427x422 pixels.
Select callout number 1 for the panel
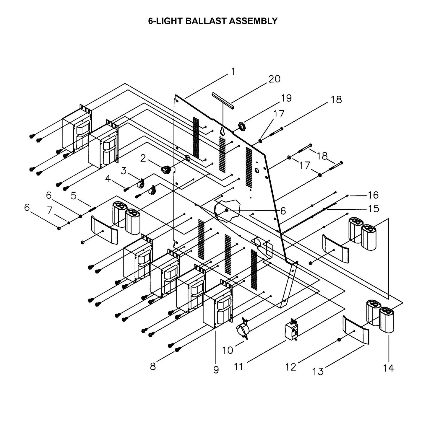point(233,71)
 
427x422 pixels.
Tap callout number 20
point(274,79)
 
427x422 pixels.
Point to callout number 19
point(286,98)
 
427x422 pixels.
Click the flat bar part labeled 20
point(223,100)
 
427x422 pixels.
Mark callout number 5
point(74,195)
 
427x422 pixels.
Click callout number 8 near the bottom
point(152,366)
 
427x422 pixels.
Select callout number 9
point(216,369)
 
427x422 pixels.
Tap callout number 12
point(291,367)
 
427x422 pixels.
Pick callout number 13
point(318,371)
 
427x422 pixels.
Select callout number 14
point(388,368)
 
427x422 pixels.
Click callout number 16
point(373,195)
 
